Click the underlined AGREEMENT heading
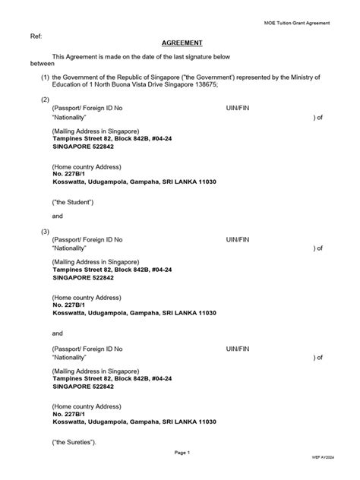tap(182, 43)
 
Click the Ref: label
tap(36, 36)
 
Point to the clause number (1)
tap(46, 77)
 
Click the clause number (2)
tap(46, 100)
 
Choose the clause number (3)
tap(46, 231)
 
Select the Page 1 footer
tap(182, 453)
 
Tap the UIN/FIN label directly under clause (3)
tap(238, 240)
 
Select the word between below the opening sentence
tap(43, 64)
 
